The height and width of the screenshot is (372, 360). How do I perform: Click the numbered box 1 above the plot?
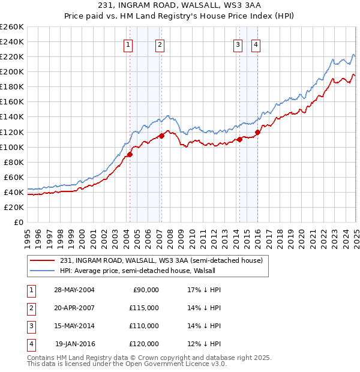pyautogui.click(x=129, y=44)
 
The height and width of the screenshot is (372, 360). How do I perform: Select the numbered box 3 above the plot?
pyautogui.click(x=238, y=44)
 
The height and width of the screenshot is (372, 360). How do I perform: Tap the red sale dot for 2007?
pyautogui.click(x=161, y=136)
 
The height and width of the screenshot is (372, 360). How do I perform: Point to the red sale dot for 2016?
pyautogui.click(x=257, y=132)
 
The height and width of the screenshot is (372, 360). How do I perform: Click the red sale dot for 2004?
pyautogui.click(x=130, y=154)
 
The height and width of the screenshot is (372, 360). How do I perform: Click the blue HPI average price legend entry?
pyautogui.click(x=142, y=271)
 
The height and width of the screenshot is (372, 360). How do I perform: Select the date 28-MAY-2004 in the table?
pyautogui.click(x=74, y=290)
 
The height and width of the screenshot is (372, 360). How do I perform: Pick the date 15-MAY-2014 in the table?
pyautogui.click(x=74, y=326)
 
